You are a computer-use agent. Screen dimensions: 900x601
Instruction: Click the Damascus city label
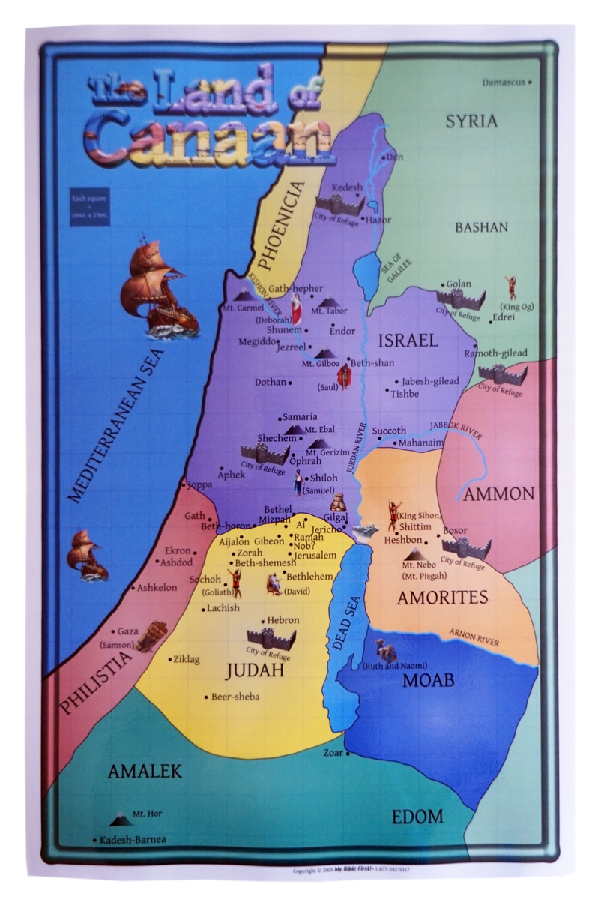point(504,82)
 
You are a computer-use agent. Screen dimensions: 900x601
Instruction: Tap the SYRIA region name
point(471,121)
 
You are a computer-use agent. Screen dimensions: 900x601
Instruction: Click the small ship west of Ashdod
point(87,554)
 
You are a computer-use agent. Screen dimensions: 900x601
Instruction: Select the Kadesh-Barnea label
point(133,839)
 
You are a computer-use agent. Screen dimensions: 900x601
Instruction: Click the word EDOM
point(417,817)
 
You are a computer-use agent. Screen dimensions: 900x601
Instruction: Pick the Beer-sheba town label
point(235,697)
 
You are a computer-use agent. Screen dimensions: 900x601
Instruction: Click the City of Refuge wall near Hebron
point(271,639)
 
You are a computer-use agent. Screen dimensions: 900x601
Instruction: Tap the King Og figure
point(512,286)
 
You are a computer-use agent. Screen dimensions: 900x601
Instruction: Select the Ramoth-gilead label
point(495,352)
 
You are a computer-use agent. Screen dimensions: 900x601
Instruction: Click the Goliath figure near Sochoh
point(233,582)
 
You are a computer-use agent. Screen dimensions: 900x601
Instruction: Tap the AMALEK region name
point(145,771)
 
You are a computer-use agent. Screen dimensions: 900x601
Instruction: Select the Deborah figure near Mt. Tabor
point(297,308)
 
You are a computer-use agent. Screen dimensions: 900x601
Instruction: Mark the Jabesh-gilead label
point(429,381)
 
